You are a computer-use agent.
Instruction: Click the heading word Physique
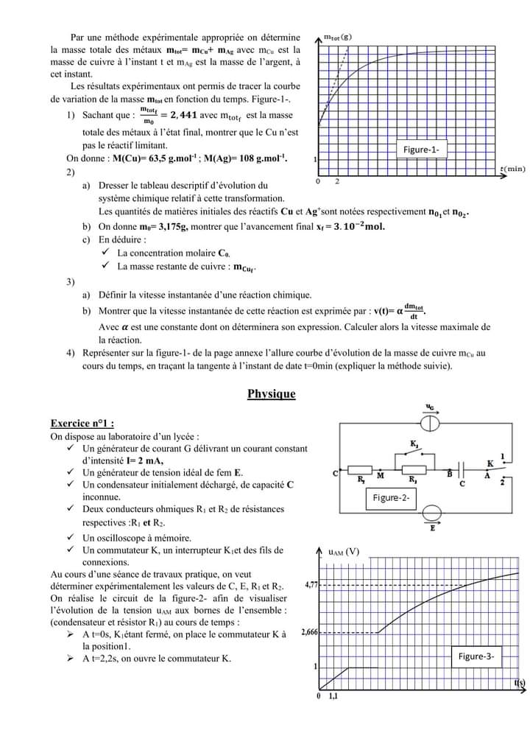(271, 394)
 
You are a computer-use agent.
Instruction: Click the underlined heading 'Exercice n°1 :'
(82, 424)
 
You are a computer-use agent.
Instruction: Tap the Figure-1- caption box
(422, 150)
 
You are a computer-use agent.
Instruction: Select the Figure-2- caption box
(390, 498)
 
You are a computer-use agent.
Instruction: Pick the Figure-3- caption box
(476, 656)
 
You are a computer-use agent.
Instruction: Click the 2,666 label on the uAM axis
(308, 632)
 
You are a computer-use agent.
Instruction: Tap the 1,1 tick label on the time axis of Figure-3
(333, 696)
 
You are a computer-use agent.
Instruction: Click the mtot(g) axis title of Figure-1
(337, 36)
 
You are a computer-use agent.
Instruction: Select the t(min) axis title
(512, 169)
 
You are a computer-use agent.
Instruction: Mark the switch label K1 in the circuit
(414, 444)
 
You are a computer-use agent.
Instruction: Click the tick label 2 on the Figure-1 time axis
(337, 181)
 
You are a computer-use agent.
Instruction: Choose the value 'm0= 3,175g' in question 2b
(166, 226)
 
